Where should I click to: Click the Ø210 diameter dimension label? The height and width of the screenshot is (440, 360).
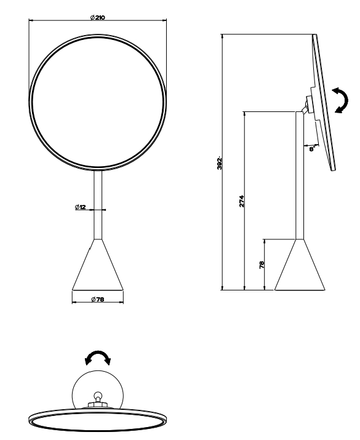97,17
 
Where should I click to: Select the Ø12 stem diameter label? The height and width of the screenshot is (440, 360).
80,207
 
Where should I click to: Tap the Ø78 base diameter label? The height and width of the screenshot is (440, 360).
97,299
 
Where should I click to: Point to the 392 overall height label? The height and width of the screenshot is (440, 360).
220,163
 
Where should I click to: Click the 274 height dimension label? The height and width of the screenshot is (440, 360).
242,201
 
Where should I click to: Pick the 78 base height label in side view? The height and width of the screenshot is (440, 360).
262,265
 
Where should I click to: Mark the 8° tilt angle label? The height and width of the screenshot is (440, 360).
313,149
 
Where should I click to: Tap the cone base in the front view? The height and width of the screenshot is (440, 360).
98,265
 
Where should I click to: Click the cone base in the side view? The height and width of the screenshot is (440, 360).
300,265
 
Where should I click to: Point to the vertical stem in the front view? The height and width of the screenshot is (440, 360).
98,205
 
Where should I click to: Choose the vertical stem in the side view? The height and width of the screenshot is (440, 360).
300,175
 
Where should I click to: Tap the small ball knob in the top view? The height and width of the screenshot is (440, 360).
98,395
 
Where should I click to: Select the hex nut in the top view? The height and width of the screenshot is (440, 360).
98,404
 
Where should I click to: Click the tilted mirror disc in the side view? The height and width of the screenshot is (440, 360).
324,102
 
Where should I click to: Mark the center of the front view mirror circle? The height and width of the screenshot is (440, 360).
98,103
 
